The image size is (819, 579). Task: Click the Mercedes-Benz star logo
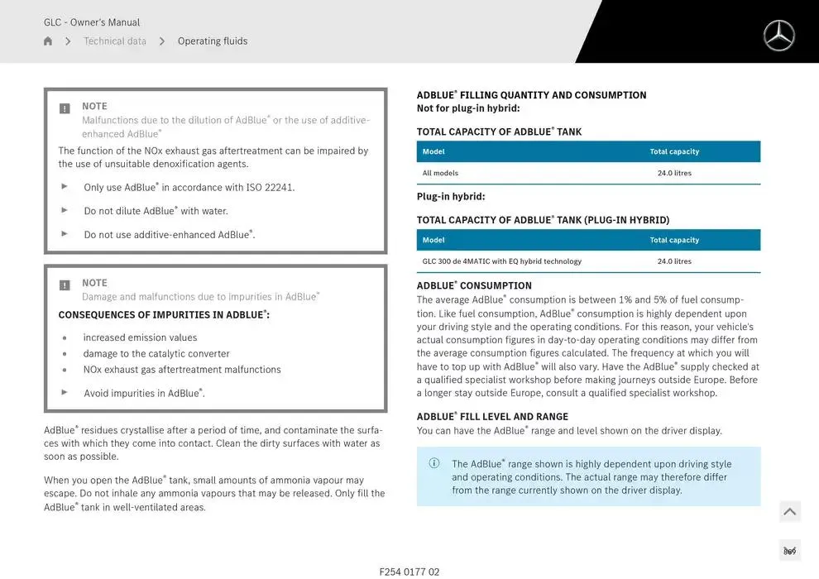tap(778, 36)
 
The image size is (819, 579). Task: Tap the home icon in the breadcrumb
tap(48, 41)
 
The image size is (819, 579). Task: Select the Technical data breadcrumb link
tap(115, 41)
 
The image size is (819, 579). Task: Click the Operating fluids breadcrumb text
tap(213, 41)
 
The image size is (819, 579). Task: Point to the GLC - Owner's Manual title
tap(92, 22)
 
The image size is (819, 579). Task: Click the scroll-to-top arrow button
tap(790, 512)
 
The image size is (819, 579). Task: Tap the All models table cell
tap(440, 173)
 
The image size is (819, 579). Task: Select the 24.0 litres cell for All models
tap(674, 173)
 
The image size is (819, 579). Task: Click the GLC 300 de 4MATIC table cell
tap(501, 261)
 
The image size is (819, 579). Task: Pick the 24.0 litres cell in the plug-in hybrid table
tap(674, 261)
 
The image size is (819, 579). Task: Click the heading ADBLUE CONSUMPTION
tap(474, 286)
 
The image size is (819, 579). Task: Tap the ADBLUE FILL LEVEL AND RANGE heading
tap(492, 417)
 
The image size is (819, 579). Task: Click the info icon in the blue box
tap(434, 463)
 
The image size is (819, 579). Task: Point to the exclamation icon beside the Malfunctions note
tap(65, 108)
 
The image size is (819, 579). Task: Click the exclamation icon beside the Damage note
tap(65, 285)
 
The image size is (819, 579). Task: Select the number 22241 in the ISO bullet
tap(279, 188)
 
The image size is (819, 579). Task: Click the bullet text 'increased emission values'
tap(140, 337)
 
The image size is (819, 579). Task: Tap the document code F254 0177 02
tap(409, 572)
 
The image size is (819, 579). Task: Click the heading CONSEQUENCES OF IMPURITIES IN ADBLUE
tap(164, 315)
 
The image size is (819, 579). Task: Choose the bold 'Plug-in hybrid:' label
tap(451, 197)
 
